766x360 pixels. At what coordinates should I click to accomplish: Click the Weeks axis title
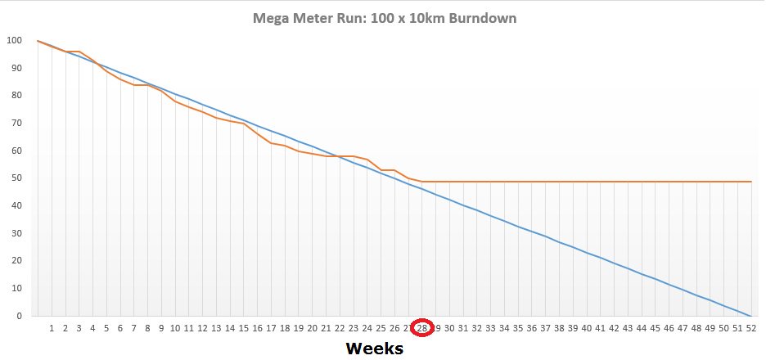pyautogui.click(x=374, y=349)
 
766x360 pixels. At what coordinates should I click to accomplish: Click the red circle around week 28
pyautogui.click(x=422, y=328)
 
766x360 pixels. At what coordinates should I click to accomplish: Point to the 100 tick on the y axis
pyautogui.click(x=14, y=40)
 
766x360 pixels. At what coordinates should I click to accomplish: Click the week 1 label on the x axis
pyautogui.click(x=52, y=328)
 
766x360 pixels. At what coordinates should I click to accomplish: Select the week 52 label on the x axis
pyautogui.click(x=751, y=328)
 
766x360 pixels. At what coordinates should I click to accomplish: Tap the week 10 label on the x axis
pyautogui.click(x=175, y=328)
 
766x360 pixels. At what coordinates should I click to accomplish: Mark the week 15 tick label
pyautogui.click(x=244, y=328)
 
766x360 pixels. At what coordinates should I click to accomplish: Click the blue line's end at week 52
pyautogui.click(x=751, y=316)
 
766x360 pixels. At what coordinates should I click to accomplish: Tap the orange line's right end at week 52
pyautogui.click(x=751, y=182)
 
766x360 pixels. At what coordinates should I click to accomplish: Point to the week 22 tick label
pyautogui.click(x=340, y=328)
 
